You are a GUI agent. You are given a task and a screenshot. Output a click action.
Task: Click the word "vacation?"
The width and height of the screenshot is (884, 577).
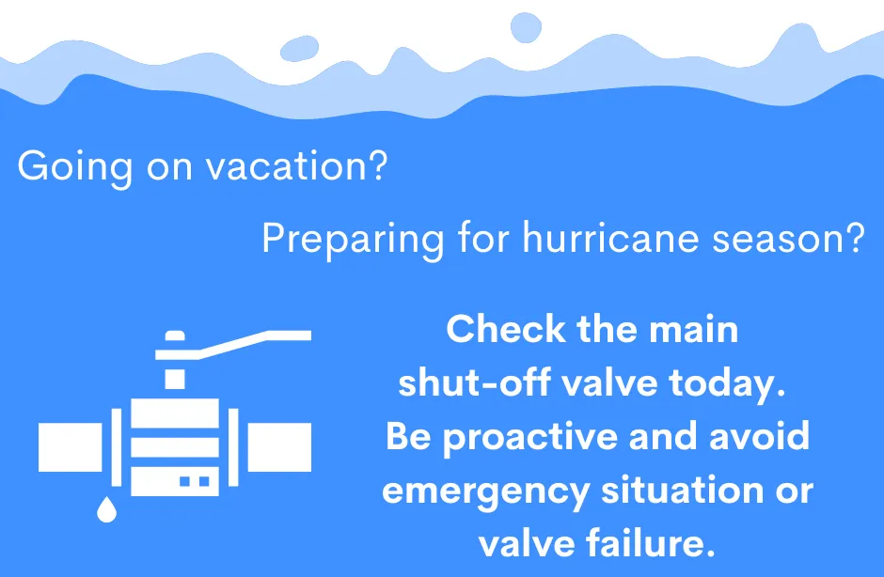pyautogui.click(x=297, y=166)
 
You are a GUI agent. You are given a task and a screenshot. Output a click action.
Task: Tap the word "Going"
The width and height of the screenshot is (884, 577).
pyautogui.click(x=75, y=167)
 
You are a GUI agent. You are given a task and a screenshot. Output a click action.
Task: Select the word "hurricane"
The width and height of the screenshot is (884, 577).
pyautogui.click(x=612, y=238)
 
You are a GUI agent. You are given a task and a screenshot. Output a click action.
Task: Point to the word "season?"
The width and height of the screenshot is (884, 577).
pyautogui.click(x=789, y=238)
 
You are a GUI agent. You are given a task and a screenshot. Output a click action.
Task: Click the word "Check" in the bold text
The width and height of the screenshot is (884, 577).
pyautogui.click(x=506, y=329)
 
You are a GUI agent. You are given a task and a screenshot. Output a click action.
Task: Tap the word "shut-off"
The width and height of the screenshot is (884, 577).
pyautogui.click(x=474, y=382)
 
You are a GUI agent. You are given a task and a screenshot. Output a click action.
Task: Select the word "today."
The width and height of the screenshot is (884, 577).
pyautogui.click(x=727, y=383)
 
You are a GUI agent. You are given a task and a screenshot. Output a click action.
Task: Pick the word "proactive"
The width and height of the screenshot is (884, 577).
pyautogui.click(x=530, y=437)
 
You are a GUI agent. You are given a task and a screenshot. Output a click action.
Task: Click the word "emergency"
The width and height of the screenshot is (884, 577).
pyautogui.click(x=485, y=491)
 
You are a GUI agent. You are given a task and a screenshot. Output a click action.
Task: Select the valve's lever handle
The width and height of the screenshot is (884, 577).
pyautogui.click(x=233, y=345)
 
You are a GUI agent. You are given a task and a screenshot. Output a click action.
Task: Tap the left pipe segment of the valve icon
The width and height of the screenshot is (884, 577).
pyautogui.click(x=70, y=446)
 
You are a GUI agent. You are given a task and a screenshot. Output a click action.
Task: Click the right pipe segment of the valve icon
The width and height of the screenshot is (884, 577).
pyautogui.click(x=279, y=446)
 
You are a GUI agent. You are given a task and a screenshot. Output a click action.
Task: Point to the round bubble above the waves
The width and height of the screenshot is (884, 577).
pyautogui.click(x=526, y=27)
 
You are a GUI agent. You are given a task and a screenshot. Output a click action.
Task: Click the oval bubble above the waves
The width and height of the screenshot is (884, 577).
pyautogui.click(x=299, y=49)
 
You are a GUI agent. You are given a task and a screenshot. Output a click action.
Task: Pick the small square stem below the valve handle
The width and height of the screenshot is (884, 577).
pyautogui.click(x=175, y=380)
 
